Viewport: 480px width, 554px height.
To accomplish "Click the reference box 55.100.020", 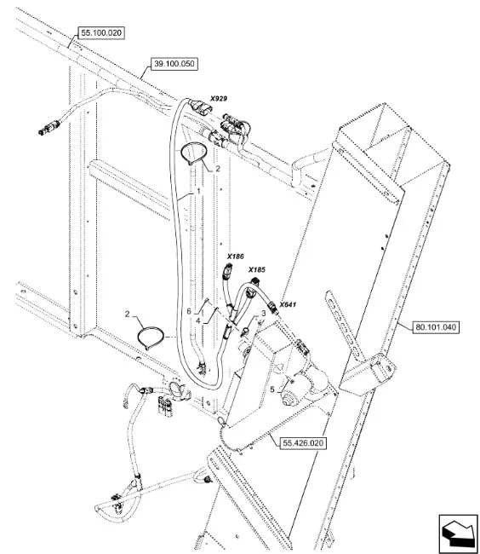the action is click(101, 33).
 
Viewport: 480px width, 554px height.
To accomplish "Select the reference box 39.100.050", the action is click(174, 64).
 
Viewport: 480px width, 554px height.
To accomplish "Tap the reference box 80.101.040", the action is click(436, 327).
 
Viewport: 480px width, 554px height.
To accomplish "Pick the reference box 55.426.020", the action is click(303, 443).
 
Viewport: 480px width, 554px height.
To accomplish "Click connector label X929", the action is click(219, 99).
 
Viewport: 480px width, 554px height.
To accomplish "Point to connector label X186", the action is click(235, 257).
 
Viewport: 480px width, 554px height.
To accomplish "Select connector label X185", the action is click(256, 270).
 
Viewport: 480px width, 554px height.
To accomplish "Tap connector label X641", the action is click(288, 304).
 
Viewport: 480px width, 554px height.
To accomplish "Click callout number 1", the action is click(198, 191).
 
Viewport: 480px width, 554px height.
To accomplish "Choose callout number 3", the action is click(263, 314).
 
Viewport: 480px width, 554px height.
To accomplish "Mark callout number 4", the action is click(198, 320).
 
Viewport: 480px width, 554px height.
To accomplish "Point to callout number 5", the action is click(272, 390).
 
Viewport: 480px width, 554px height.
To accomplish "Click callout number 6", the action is click(189, 311).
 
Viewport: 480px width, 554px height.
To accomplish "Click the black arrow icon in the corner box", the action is click(458, 533).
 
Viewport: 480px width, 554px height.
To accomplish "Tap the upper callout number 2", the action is click(218, 169).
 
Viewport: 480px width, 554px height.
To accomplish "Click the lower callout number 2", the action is click(128, 314).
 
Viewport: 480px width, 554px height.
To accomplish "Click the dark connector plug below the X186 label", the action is click(229, 271).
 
